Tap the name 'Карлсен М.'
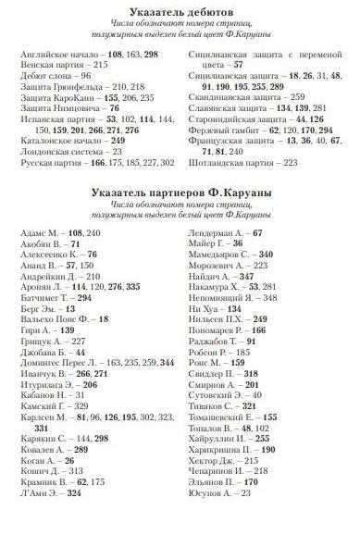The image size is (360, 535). pos(42,392)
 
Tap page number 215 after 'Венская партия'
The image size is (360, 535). pos(101,67)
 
